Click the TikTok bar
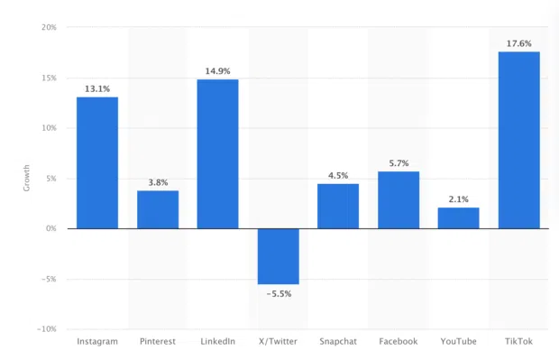click(x=518, y=140)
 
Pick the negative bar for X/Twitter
click(x=278, y=256)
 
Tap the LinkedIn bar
click(x=217, y=153)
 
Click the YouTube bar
click(x=458, y=217)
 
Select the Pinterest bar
click(x=158, y=209)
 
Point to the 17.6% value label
click(x=518, y=42)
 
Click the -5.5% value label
click(x=278, y=295)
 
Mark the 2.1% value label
click(x=458, y=198)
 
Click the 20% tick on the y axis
click(x=49, y=27)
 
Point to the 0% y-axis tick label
click(x=51, y=228)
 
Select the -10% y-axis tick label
click(x=47, y=329)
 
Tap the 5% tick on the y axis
click(x=51, y=179)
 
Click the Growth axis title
click(x=26, y=179)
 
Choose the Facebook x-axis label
click(x=398, y=342)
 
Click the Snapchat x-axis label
click(x=338, y=342)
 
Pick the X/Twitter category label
click(x=278, y=342)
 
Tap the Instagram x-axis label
click(x=97, y=342)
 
